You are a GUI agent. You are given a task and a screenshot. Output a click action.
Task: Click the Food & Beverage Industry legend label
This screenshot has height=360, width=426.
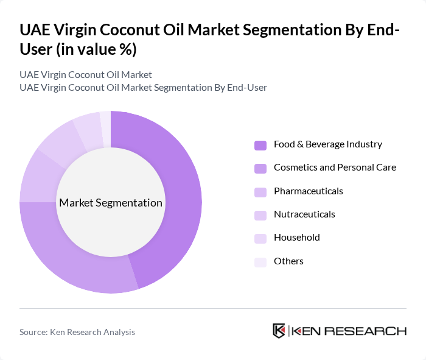coord(327,144)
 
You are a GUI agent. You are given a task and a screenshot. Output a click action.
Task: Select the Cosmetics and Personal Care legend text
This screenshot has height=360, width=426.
coord(335,168)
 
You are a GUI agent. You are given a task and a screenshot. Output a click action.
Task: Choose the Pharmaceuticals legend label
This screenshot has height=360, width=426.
coord(308,191)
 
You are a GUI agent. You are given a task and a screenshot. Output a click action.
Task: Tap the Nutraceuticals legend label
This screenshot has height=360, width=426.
coord(304,214)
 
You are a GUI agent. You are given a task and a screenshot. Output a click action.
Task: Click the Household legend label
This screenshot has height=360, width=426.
coord(296,238)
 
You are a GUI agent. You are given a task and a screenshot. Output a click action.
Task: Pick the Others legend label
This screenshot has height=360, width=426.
coord(288,261)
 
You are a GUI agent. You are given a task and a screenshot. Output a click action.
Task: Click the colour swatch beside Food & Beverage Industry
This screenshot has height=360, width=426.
coord(260,145)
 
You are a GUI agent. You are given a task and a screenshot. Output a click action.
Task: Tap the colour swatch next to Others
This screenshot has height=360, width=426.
coord(260,262)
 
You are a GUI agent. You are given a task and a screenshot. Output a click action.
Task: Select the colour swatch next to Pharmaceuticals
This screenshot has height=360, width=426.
coord(260,192)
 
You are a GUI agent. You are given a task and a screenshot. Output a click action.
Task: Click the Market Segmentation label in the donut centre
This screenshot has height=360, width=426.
coord(111,203)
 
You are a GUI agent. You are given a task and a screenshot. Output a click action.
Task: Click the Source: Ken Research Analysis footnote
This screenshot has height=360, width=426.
coord(77,332)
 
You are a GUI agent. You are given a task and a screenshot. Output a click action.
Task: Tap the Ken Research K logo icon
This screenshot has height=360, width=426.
coord(279,331)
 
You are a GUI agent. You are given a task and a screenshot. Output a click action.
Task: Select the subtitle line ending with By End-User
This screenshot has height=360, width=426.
coord(143,88)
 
